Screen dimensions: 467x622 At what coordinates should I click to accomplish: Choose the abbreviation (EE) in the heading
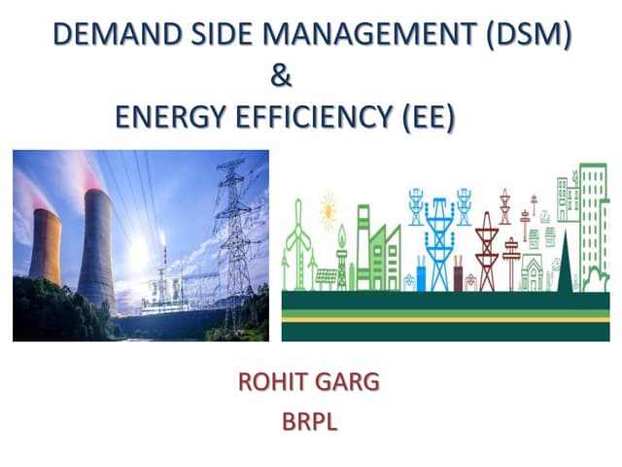(429, 117)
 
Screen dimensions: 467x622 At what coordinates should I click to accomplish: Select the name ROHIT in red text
(277, 380)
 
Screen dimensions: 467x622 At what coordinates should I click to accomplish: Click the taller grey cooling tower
(96, 248)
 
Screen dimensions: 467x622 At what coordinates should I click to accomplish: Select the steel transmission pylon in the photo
(233, 233)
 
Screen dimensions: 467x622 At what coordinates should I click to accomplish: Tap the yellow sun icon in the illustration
(328, 208)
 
